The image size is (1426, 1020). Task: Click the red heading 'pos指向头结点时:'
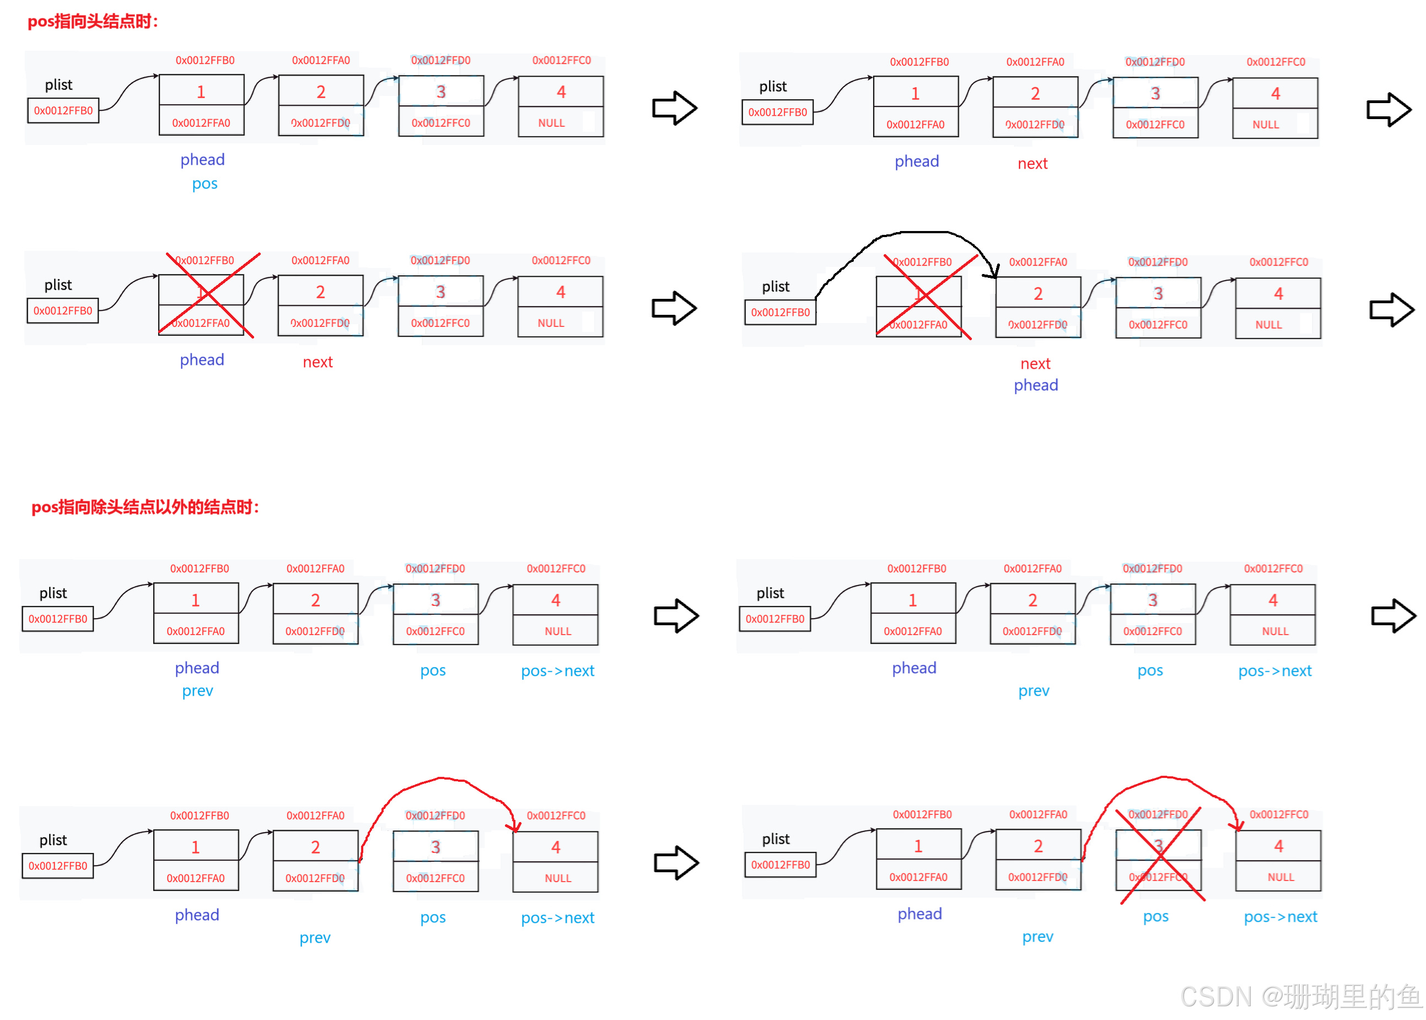click(x=93, y=22)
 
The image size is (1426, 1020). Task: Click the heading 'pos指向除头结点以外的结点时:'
click(x=145, y=507)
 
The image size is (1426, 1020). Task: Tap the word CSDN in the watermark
click(x=1215, y=996)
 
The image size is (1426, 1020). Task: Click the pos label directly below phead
click(x=205, y=184)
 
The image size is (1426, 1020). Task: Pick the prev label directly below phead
click(x=197, y=691)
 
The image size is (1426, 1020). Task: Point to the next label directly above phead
click(x=1035, y=364)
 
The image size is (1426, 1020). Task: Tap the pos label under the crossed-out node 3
click(x=1156, y=916)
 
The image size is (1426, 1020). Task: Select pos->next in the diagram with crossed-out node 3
click(x=1281, y=917)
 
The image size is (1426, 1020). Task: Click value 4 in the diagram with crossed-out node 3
click(x=1278, y=846)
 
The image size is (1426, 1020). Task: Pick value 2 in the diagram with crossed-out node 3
click(x=1038, y=846)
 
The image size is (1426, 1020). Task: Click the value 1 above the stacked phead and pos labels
click(x=201, y=92)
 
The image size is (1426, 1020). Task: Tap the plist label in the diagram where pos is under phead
click(x=58, y=85)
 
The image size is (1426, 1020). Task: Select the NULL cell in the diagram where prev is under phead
click(x=558, y=631)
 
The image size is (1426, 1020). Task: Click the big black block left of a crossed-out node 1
click(x=846, y=294)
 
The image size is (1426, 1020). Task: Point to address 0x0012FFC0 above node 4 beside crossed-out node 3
click(x=1278, y=814)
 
